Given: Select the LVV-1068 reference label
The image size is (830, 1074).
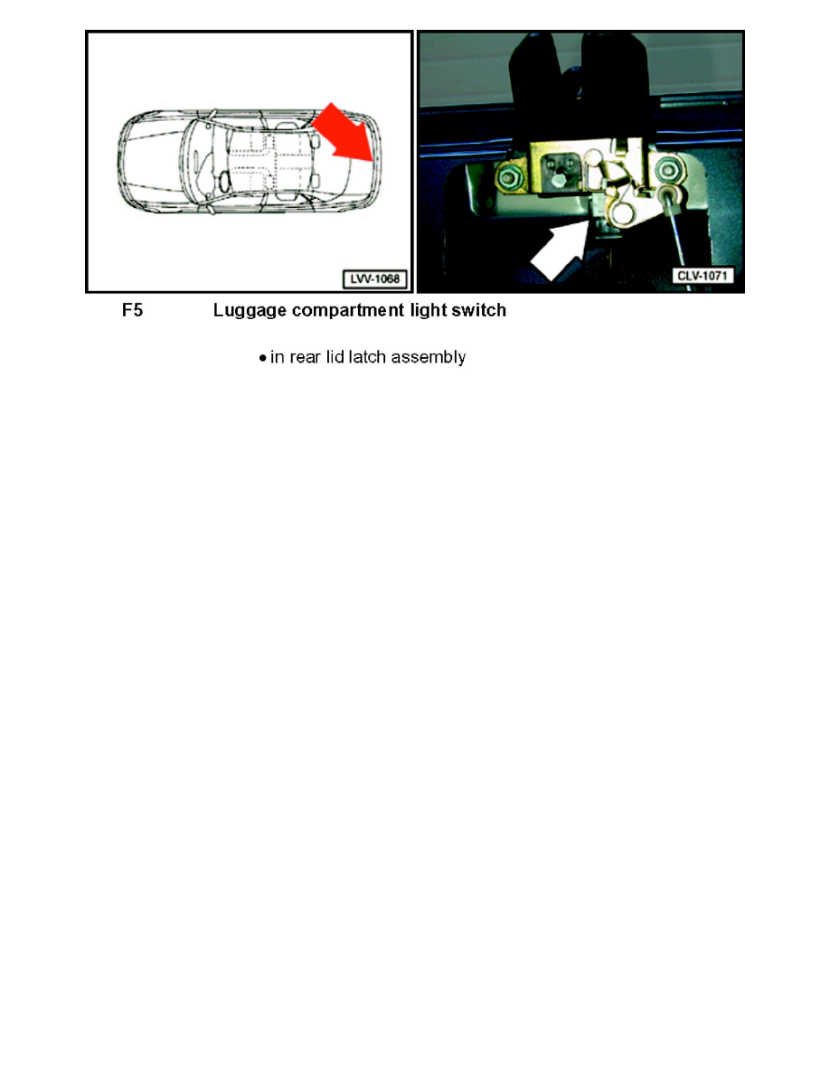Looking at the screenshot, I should click(x=373, y=278).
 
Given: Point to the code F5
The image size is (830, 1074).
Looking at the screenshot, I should click(x=132, y=311).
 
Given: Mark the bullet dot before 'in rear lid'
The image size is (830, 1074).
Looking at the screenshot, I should click(x=262, y=359).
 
